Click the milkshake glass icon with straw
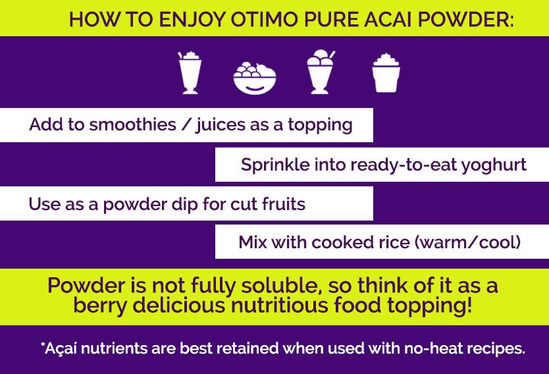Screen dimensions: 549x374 click(x=190, y=73)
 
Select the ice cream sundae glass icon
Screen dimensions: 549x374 click(x=321, y=72)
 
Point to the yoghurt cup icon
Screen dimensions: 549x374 click(x=386, y=73)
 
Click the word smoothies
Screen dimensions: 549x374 click(x=132, y=124)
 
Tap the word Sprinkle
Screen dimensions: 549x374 click(x=275, y=165)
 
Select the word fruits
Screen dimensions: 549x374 click(x=284, y=204)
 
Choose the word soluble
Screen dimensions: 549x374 click(x=282, y=285)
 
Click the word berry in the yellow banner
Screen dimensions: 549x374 click(x=100, y=306)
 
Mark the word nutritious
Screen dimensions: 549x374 click(x=279, y=305)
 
